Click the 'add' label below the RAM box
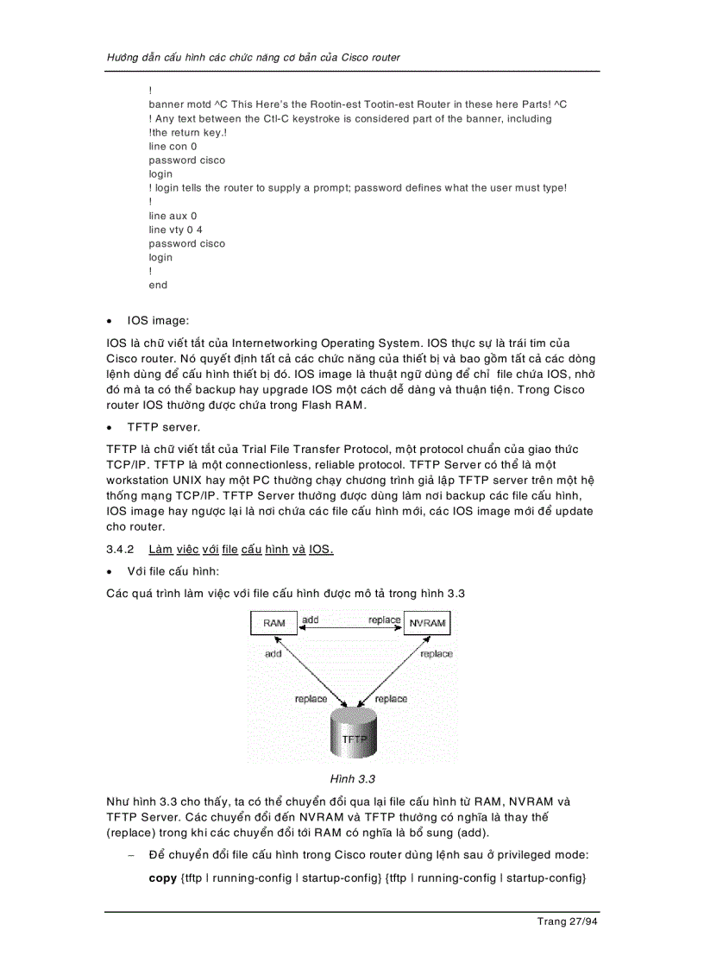pyautogui.click(x=273, y=654)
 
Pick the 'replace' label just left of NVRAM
pyautogui.click(x=384, y=620)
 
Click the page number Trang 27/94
pyautogui.click(x=567, y=922)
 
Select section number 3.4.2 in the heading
pyautogui.click(x=121, y=550)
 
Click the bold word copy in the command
pyautogui.click(x=162, y=878)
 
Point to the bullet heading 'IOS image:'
pyautogui.click(x=157, y=321)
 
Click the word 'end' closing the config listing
pyautogui.click(x=158, y=285)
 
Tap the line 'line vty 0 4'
pyautogui.click(x=175, y=230)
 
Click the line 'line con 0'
pyautogui.click(x=173, y=147)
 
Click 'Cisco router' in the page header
pyautogui.click(x=371, y=58)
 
